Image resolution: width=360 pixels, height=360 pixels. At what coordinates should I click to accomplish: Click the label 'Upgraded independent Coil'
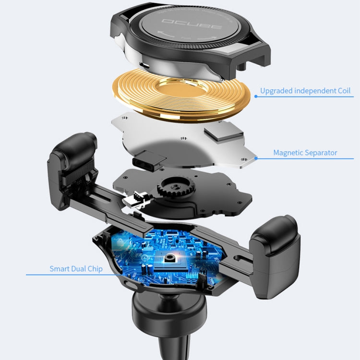pos(305,91)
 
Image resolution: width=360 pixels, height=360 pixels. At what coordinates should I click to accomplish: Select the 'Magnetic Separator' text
pos(305,153)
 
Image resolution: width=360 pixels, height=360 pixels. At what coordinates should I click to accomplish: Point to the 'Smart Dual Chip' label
pos(76,269)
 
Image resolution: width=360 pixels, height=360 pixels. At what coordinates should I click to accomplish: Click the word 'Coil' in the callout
pos(343,91)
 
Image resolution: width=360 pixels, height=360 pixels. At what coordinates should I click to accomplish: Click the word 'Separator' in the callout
pos(321,153)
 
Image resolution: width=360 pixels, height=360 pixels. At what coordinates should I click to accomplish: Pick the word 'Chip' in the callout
pos(94,269)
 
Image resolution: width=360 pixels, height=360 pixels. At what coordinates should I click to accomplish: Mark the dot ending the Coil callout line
pos(255,96)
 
